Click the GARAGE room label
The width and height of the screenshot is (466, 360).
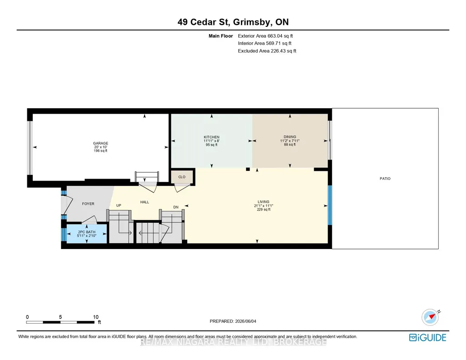[x=100, y=143]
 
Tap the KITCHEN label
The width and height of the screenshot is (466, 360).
[x=211, y=137]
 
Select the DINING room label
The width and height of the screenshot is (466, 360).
[x=290, y=137]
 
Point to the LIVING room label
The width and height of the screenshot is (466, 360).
[x=263, y=202]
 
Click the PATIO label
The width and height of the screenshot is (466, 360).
[x=385, y=179]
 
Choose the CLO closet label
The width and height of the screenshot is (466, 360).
[x=182, y=177]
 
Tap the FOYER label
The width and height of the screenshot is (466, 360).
[x=88, y=204]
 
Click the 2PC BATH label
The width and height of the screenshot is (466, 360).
[x=87, y=232]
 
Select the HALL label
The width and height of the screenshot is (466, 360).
[x=145, y=202]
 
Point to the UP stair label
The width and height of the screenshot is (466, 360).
[x=119, y=205]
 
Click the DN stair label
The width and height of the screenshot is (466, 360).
[x=176, y=207]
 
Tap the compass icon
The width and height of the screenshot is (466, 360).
[x=430, y=317]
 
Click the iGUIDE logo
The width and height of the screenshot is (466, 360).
[x=428, y=337]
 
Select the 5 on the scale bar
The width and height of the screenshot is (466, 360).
[x=60, y=317]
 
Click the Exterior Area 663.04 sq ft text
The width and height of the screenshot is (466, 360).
[x=266, y=36]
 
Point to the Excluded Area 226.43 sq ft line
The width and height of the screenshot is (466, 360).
[x=267, y=51]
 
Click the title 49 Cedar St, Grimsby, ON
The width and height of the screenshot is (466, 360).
[x=233, y=22]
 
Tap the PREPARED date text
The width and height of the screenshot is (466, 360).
[x=233, y=321]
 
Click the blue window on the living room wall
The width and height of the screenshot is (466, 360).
[x=330, y=205]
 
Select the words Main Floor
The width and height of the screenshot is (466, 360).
[x=220, y=36]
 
